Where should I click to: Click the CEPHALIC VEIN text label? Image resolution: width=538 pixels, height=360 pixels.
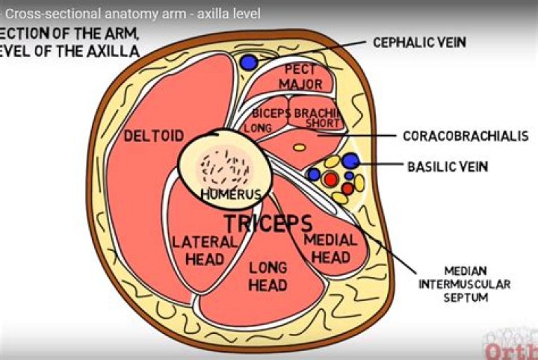click(x=419, y=42)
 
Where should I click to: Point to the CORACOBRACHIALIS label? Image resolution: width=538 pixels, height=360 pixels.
click(x=466, y=136)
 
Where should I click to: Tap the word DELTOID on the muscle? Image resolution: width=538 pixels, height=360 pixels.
click(x=153, y=136)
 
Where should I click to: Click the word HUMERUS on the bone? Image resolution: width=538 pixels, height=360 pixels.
click(x=231, y=194)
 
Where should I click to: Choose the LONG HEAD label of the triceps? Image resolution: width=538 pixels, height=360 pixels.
click(x=268, y=276)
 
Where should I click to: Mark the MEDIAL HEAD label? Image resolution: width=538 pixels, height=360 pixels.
click(x=330, y=247)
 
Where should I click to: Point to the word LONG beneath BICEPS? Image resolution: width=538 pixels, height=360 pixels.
click(x=257, y=128)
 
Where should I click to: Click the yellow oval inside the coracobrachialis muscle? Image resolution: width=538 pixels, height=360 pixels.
click(x=299, y=147)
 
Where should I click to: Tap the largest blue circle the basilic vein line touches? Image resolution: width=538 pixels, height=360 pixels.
click(x=350, y=160)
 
